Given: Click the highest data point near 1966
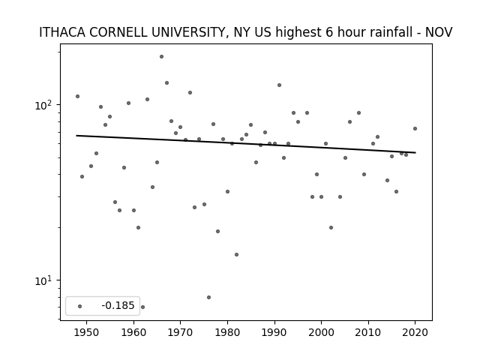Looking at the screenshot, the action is (x=161, y=57).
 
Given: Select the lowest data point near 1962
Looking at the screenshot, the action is (x=142, y=307).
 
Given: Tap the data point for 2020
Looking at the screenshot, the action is (x=415, y=128).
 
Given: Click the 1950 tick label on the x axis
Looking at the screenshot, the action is (x=87, y=332).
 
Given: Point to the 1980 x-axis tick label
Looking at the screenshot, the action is (x=227, y=332).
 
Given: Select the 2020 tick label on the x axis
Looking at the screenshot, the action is (x=415, y=332).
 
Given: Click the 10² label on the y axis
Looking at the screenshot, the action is (x=43, y=105).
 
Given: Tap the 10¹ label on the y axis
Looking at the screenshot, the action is (x=43, y=280).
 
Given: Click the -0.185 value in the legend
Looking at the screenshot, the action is (x=118, y=305).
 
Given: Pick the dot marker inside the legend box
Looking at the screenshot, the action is (x=80, y=306).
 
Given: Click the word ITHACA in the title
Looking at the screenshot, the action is (x=62, y=32).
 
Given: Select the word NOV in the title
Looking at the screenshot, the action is (x=439, y=32).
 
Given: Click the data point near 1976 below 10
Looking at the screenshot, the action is (x=208, y=297).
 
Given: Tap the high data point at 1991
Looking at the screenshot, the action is (x=279, y=85).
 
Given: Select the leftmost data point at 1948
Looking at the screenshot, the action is (x=77, y=97).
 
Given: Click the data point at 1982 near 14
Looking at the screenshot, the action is (x=237, y=255).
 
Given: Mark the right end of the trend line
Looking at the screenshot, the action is (x=415, y=152).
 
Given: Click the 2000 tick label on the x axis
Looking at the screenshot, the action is (x=321, y=332).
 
